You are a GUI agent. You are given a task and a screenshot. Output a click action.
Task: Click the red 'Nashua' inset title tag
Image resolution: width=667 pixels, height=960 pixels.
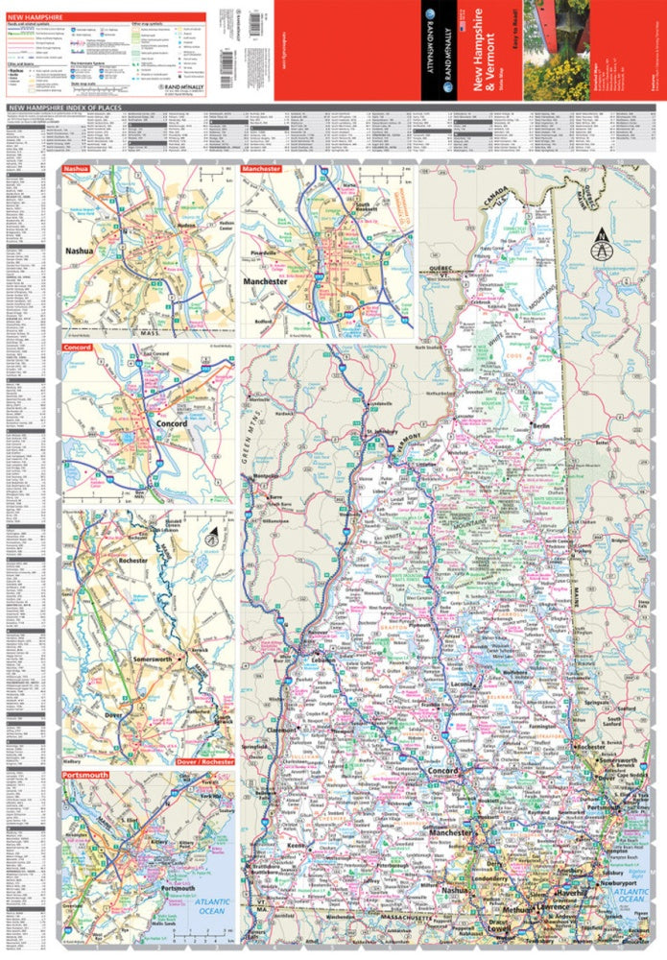76,170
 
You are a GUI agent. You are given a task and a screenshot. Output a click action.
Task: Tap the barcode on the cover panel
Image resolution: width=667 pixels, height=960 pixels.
226,57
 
